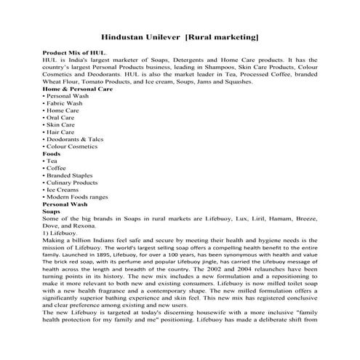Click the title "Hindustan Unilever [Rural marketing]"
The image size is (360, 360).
click(x=180, y=36)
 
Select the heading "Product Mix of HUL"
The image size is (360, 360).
click(x=75, y=53)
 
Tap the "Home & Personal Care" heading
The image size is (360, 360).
click(x=78, y=89)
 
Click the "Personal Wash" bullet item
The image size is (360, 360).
click(x=68, y=96)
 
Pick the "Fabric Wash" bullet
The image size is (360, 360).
click(x=65, y=103)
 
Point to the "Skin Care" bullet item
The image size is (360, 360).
click(x=62, y=125)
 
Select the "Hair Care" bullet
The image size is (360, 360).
click(x=62, y=132)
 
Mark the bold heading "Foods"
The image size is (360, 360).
click(x=52, y=154)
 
